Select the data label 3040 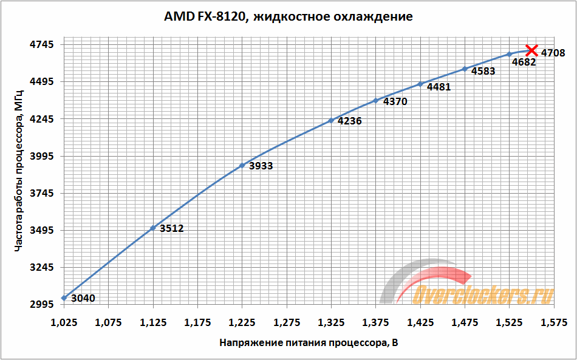[83, 298]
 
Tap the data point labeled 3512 [153, 228]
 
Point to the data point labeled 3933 [242, 165]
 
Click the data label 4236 [349, 121]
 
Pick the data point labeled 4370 [375, 100]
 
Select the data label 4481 [439, 87]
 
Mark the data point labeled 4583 [465, 69]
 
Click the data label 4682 [524, 62]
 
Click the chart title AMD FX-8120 [288, 16]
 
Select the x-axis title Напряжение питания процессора [309, 344]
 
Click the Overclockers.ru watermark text [483, 295]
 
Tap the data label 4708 [553, 53]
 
